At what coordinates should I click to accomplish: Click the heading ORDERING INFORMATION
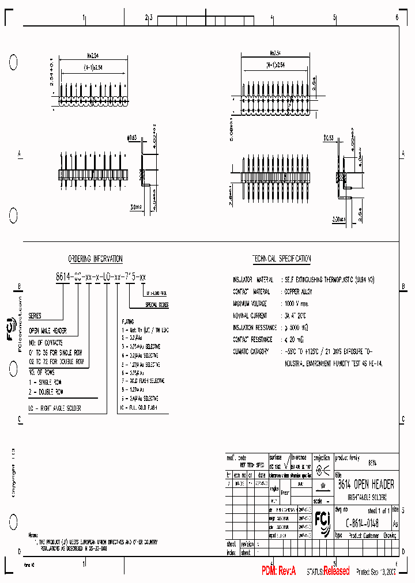point(95,259)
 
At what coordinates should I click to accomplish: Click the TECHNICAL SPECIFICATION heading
point(281,259)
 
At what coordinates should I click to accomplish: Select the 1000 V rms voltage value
point(297,303)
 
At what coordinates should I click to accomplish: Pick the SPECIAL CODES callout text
point(157,304)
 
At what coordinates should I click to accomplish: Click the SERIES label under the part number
point(35,316)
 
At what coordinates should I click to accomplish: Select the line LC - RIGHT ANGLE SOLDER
point(55,408)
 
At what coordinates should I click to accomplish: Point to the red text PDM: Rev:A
point(278,571)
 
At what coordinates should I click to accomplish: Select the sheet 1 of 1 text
point(379,510)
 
